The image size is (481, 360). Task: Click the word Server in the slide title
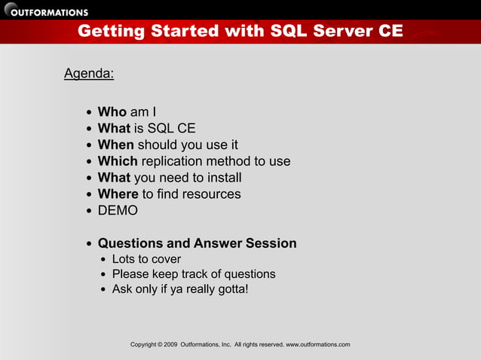329,32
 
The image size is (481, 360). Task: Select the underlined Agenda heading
89,74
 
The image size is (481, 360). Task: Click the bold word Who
112,113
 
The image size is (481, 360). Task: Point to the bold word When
115,145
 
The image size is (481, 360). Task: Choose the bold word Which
118,161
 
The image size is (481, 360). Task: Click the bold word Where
118,194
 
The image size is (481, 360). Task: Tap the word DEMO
118,210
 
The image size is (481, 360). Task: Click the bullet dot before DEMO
90,211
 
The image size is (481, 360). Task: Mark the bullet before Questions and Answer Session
90,244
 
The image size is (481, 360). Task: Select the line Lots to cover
146,260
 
